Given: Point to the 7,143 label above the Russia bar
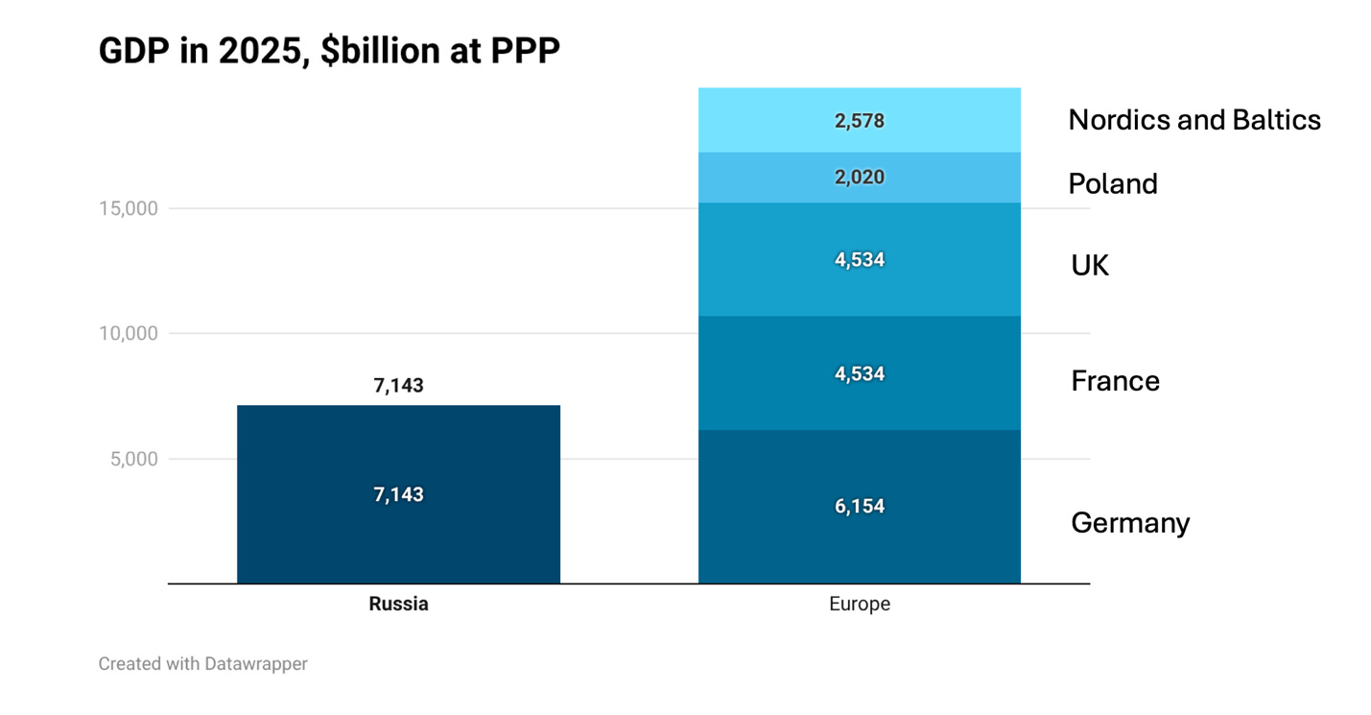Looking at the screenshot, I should tap(398, 386).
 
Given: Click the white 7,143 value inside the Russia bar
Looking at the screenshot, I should tap(398, 495).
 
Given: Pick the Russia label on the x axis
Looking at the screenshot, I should tap(398, 605).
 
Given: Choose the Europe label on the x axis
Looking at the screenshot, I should tap(859, 605).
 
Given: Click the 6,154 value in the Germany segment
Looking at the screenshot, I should tap(859, 507).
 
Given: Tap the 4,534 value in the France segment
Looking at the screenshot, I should tap(859, 374).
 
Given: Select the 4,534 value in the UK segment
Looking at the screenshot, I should tap(859, 260).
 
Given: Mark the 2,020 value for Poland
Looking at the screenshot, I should tap(859, 178).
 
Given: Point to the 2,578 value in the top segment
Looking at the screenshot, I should tap(859, 121).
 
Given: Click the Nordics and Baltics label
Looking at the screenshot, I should tap(1194, 120).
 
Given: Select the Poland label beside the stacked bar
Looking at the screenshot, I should tap(1112, 183).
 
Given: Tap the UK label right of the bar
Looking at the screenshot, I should tap(1090, 266).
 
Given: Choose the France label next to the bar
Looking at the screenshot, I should tap(1115, 381).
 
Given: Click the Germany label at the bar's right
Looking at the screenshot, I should tap(1130, 523).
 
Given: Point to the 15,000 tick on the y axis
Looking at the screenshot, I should tap(128, 208).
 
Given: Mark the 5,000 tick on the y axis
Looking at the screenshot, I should tap(132, 459).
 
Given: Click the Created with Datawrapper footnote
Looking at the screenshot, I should tap(202, 663).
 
